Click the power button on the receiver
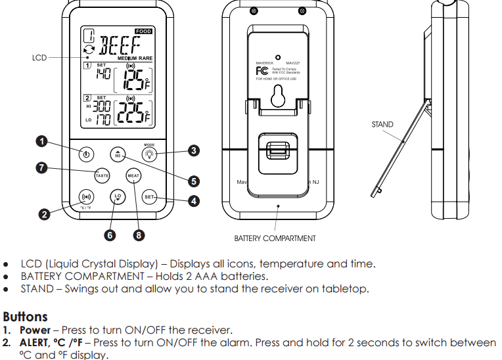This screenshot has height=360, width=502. [86, 155]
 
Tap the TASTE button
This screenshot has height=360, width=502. [102, 175]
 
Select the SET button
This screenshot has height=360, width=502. [149, 197]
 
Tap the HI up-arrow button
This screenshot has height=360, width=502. [118, 154]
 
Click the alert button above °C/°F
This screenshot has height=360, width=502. [86, 197]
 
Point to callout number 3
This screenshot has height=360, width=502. [194, 150]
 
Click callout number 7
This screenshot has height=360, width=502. [41, 168]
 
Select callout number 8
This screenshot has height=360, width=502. [139, 235]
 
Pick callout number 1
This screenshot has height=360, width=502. [41, 141]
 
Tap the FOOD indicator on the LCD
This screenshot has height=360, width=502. [143, 31]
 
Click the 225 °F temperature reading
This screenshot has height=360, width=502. [133, 114]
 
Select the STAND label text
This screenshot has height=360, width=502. [382, 124]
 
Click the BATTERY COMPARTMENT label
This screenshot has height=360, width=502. [275, 238]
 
